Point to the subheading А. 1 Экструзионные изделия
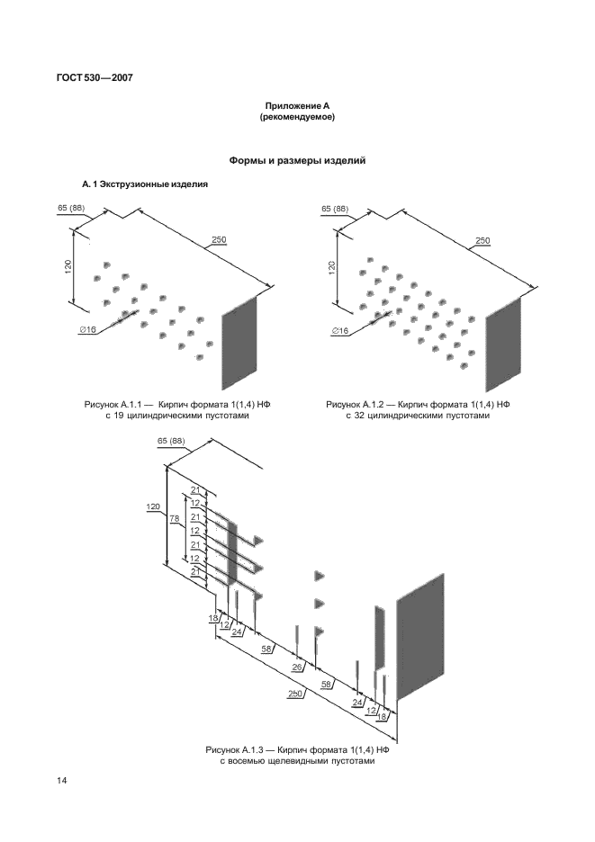[145, 184]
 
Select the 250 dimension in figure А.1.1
[218, 239]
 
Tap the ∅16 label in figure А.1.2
[340, 331]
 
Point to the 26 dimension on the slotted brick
[297, 667]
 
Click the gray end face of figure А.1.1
[239, 341]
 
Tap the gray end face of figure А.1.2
[502, 339]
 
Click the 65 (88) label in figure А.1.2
[334, 210]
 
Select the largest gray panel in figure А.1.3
[419, 635]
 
